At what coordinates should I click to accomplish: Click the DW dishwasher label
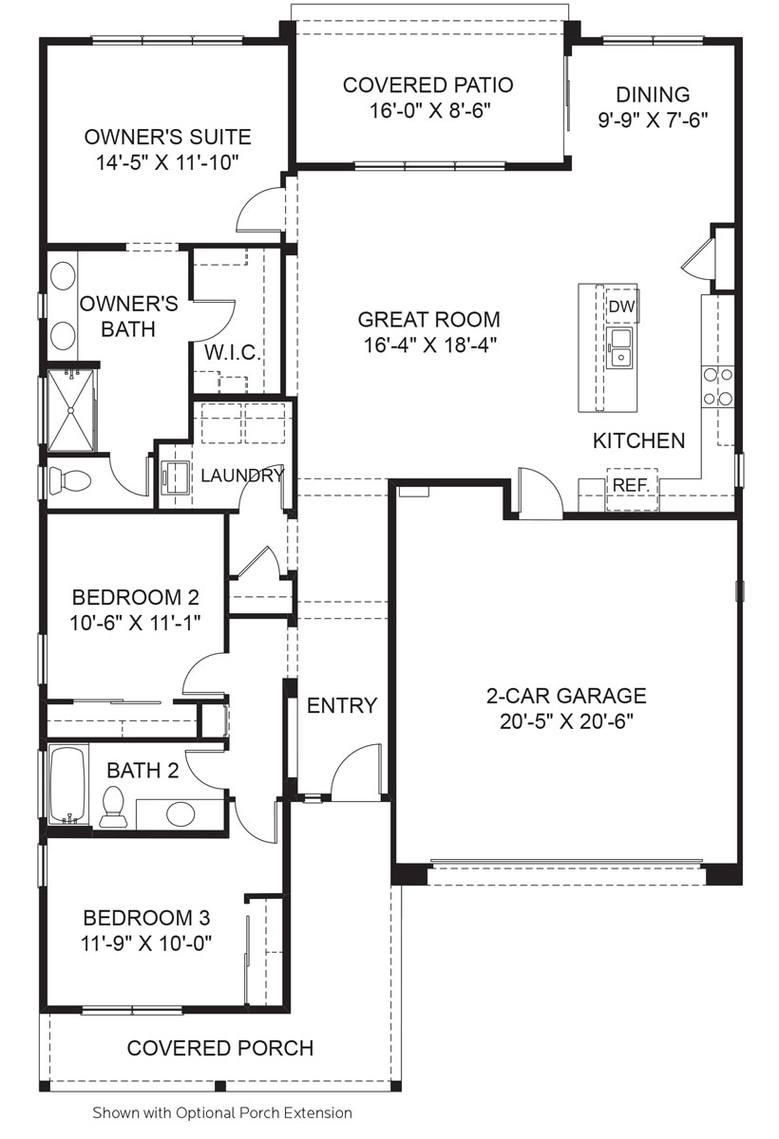621,306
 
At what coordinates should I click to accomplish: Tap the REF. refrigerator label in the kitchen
630,484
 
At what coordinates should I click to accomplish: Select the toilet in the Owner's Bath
66,479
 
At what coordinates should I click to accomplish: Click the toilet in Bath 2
113,807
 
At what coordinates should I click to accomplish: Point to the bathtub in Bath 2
66,784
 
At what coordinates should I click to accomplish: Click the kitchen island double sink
622,347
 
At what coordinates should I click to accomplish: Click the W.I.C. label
232,353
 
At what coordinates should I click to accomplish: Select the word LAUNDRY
242,476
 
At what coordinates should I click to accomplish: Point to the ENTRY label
342,705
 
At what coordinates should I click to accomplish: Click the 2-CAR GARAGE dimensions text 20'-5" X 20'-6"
566,720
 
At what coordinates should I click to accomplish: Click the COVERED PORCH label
220,1048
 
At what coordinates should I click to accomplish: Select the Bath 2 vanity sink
180,813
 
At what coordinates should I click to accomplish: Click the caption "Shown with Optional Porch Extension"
222,1112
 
